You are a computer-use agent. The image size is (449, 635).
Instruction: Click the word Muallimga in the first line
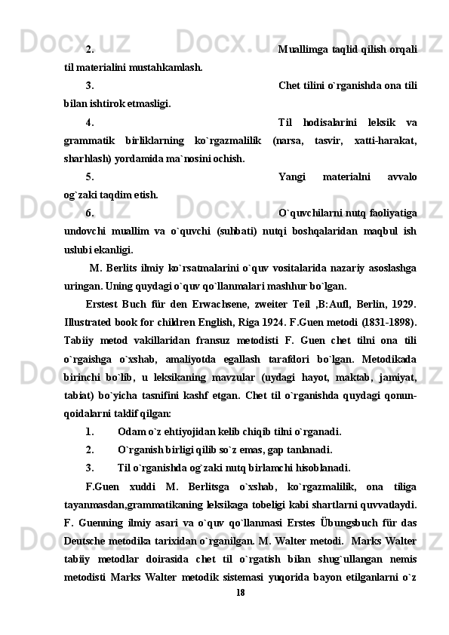(301, 50)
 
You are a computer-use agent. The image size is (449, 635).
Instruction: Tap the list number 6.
(90, 213)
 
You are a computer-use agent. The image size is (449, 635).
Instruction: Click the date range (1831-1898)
(392, 321)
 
